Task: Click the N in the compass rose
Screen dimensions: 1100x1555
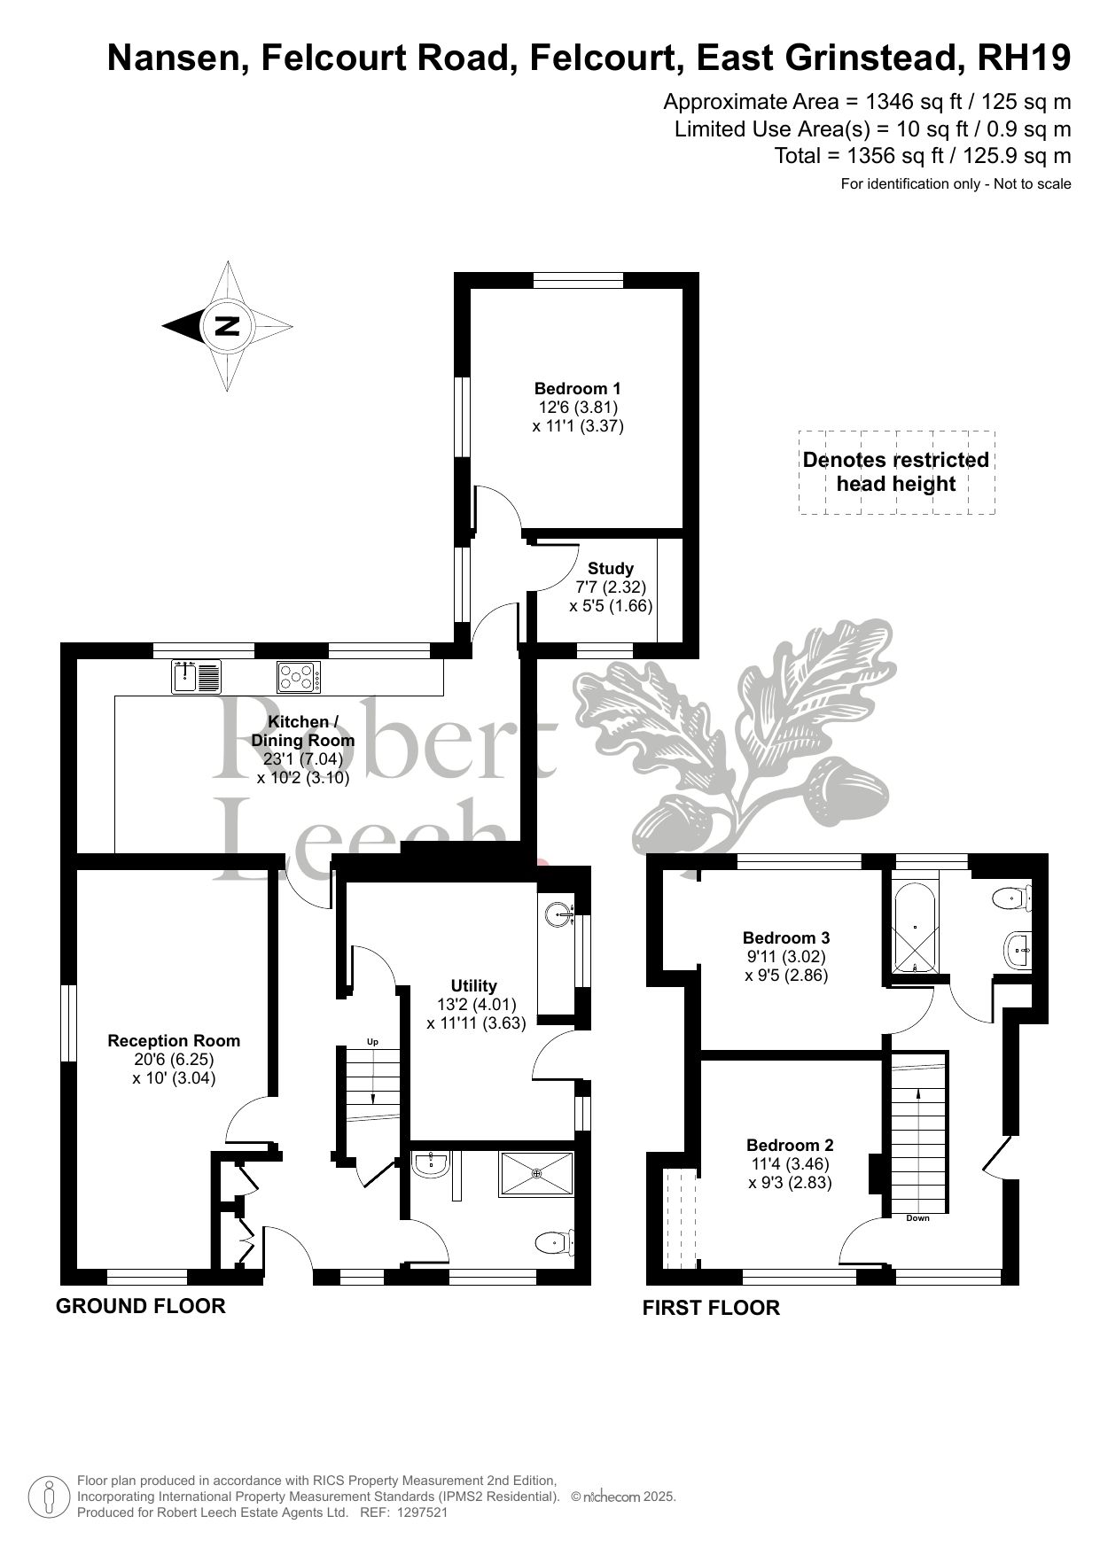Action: coord(228,326)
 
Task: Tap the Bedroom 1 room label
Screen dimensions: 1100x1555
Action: coord(578,388)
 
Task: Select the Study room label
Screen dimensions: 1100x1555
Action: coord(611,568)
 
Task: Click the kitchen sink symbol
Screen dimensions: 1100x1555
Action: coord(196,677)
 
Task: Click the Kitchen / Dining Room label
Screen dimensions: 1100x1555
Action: coord(303,731)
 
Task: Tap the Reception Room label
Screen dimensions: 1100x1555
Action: coord(174,1040)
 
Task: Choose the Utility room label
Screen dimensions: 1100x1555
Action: coord(474,985)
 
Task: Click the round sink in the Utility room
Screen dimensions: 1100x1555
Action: coord(559,913)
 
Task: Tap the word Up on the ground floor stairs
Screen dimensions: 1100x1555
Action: coord(372,1042)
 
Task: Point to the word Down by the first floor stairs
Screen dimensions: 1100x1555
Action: coord(918,1218)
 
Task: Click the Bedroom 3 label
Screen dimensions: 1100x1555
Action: coord(786,937)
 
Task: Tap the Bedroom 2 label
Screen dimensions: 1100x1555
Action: coord(790,1145)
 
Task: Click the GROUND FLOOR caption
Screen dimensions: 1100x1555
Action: coord(141,1305)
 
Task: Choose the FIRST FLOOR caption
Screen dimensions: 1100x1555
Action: coord(711,1307)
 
